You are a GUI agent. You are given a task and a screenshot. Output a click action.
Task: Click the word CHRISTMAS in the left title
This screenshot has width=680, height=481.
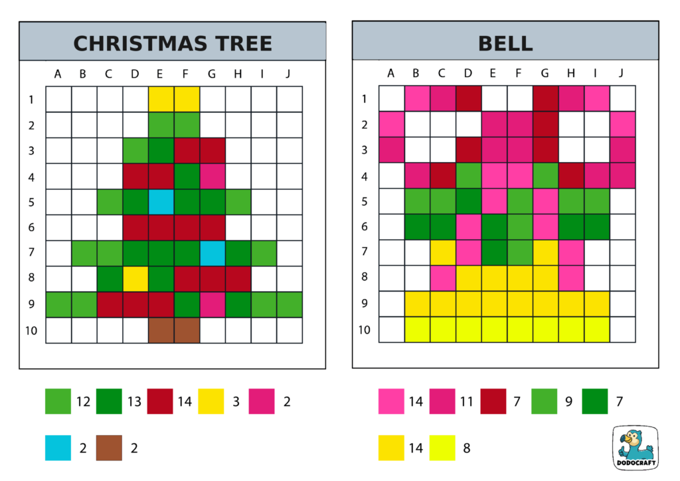click(x=125, y=44)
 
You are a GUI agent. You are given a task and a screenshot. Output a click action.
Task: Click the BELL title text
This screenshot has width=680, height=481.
click(x=505, y=44)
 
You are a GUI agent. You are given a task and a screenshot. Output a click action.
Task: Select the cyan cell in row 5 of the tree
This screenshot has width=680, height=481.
click(x=160, y=202)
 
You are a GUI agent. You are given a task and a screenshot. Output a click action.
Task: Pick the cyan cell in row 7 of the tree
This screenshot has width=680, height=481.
click(x=211, y=253)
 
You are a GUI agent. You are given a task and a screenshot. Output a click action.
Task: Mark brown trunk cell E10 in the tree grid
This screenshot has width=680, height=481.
click(x=160, y=330)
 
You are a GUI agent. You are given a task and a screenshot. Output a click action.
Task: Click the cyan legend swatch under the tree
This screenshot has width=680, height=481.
click(x=58, y=447)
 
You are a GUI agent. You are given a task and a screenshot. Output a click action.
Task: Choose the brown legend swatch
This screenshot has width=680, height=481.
click(x=109, y=447)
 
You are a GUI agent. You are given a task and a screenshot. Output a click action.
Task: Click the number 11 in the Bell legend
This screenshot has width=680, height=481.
click(x=467, y=401)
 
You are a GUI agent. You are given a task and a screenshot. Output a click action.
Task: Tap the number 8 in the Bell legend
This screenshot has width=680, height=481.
click(x=467, y=448)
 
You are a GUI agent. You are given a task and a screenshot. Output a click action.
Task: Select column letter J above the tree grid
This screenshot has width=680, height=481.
click(x=288, y=74)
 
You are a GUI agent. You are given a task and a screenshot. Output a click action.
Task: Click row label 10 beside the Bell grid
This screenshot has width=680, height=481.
click(x=363, y=330)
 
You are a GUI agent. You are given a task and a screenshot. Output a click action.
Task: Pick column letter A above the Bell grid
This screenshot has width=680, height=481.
click(x=390, y=73)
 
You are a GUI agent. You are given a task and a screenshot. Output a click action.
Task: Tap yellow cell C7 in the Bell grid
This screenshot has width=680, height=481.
click(x=442, y=253)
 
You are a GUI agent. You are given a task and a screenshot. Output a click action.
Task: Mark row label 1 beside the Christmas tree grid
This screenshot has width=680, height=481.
click(x=31, y=100)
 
